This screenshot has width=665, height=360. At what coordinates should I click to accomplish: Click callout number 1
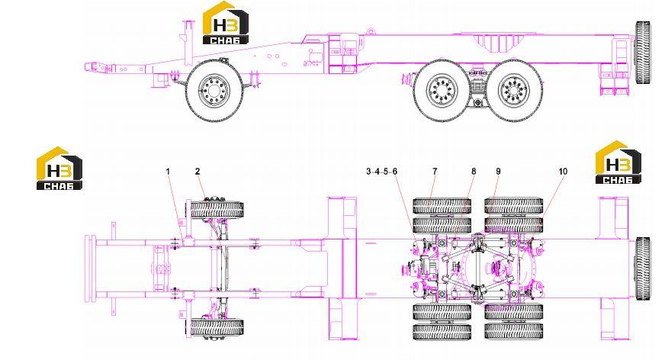point(168,172)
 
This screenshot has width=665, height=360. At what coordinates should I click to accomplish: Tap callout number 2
point(198,172)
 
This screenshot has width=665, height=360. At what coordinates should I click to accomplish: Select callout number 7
point(435,172)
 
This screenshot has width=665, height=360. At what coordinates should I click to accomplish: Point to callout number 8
point(474,172)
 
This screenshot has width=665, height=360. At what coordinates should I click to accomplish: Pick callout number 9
point(498,172)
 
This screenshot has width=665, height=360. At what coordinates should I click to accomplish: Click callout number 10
point(563,172)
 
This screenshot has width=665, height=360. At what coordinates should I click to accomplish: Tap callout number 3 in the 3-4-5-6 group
point(369,172)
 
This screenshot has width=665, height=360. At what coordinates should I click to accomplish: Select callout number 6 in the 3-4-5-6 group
point(395,172)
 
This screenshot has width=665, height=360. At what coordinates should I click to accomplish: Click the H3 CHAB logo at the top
point(225,23)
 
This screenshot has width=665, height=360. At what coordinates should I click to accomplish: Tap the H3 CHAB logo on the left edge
point(59,169)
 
